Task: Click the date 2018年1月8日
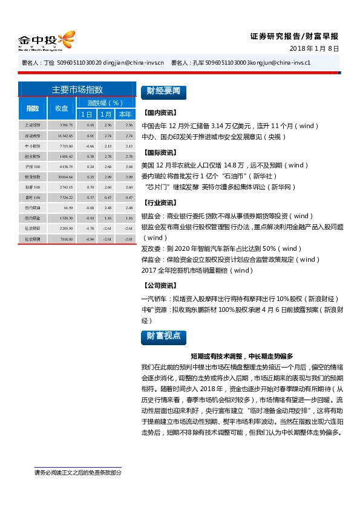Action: (x=314, y=48)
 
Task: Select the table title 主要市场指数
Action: (x=77, y=89)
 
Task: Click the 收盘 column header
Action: (x=62, y=108)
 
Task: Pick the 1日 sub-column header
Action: (x=87, y=114)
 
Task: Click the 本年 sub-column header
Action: (x=125, y=114)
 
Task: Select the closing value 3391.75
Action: (x=66, y=125)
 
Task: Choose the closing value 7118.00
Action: (x=66, y=239)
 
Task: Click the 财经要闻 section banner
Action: (x=162, y=92)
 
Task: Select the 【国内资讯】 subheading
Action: (x=159, y=113)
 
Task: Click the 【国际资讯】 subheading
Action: (x=159, y=152)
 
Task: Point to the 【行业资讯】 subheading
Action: (x=159, y=203)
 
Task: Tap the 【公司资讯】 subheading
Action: (x=159, y=285)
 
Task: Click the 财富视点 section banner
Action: (x=162, y=337)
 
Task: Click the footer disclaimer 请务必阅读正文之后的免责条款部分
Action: (x=77, y=472)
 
